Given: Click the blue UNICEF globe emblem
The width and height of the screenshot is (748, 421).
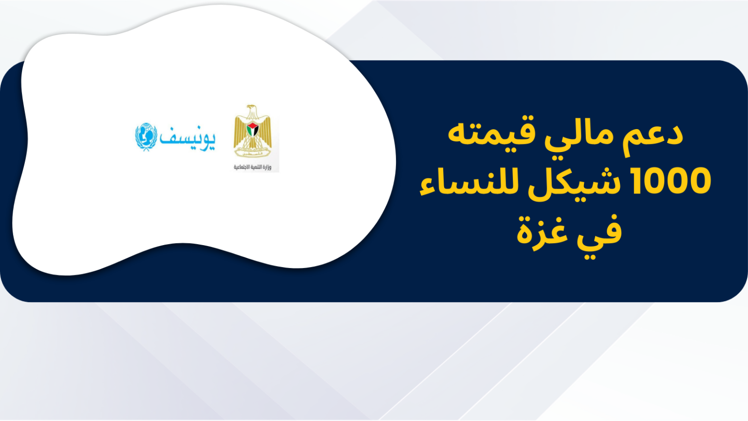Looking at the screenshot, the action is [x=146, y=137].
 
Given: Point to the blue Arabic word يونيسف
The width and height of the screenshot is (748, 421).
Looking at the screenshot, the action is [x=187, y=139].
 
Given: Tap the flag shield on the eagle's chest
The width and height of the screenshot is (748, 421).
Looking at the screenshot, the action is [x=252, y=130].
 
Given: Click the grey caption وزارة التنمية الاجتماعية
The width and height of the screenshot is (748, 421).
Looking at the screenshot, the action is [x=252, y=167].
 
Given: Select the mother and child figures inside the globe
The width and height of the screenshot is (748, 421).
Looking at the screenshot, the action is [x=146, y=136].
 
